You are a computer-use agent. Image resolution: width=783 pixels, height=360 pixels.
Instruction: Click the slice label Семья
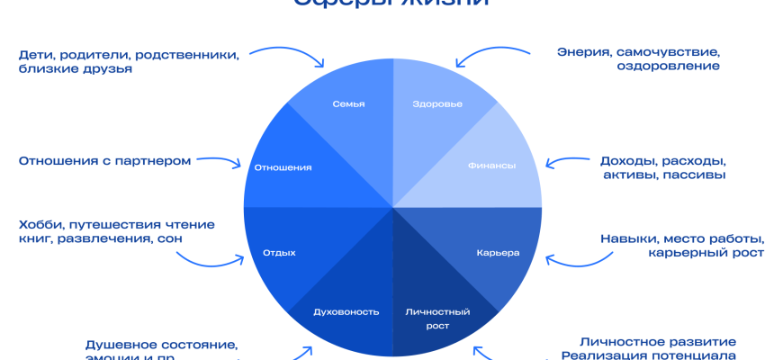tap(348, 104)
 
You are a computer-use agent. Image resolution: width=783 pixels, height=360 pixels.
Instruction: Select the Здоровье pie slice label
tap(437, 104)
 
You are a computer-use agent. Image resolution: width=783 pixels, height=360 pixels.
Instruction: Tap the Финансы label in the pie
tap(491, 166)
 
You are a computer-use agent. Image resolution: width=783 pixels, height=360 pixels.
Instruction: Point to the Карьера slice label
tap(498, 253)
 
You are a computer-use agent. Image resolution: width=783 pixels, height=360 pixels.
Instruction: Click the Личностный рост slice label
tap(437, 319)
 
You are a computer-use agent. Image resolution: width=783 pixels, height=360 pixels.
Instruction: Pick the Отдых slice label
tap(279, 253)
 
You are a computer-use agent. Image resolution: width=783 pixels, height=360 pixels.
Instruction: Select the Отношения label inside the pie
tap(283, 167)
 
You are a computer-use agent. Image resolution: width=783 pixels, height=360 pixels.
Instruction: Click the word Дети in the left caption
tap(36, 54)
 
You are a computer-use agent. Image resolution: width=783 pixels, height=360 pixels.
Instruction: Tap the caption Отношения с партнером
tap(104, 161)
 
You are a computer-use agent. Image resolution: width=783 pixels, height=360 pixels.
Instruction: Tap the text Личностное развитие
tap(658, 342)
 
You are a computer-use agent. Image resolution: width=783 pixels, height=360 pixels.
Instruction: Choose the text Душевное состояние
tap(161, 345)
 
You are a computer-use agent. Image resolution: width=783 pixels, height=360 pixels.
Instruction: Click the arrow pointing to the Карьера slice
tap(567, 261)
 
